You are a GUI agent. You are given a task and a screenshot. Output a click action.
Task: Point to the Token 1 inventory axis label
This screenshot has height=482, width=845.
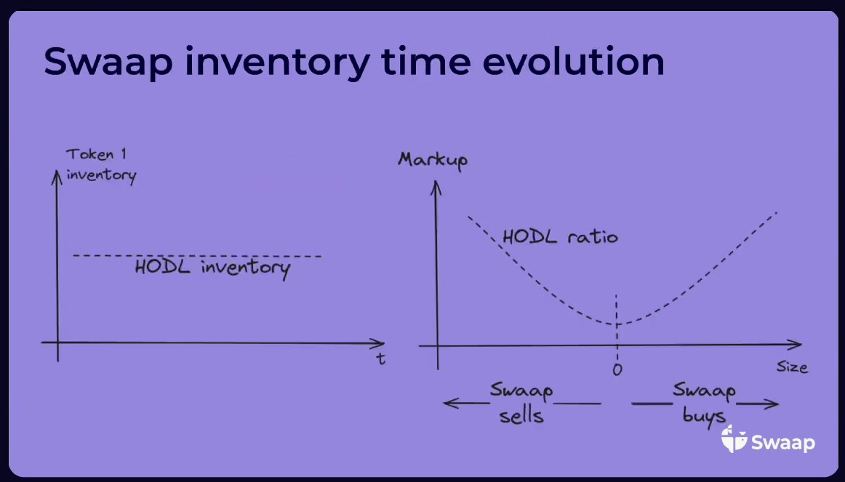click(x=100, y=165)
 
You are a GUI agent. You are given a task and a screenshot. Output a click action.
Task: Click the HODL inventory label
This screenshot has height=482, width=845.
click(x=212, y=268)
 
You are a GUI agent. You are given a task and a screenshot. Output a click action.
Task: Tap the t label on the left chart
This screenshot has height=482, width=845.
click(x=381, y=358)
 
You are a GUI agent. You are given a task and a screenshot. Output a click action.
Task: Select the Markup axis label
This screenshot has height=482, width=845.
click(x=433, y=161)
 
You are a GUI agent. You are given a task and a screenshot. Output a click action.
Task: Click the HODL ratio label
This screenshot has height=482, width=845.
click(x=560, y=236)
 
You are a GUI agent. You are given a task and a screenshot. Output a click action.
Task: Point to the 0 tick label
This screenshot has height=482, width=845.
click(x=617, y=369)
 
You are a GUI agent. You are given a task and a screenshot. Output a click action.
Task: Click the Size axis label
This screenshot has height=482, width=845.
click(x=792, y=367)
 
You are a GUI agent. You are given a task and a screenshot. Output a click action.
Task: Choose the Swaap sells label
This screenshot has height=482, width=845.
click(x=521, y=403)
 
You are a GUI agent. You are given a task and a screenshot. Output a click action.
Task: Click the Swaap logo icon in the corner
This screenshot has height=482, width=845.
click(x=734, y=439)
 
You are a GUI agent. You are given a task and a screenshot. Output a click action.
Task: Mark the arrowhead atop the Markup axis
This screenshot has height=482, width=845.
click(x=436, y=188)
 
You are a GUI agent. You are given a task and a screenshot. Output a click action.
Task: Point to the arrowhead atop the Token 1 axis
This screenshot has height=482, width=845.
click(x=57, y=177)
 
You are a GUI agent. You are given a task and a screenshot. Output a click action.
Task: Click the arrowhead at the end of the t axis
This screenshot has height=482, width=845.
click(x=377, y=343)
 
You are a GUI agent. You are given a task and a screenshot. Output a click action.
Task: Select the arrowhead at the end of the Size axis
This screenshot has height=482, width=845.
click(x=795, y=345)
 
